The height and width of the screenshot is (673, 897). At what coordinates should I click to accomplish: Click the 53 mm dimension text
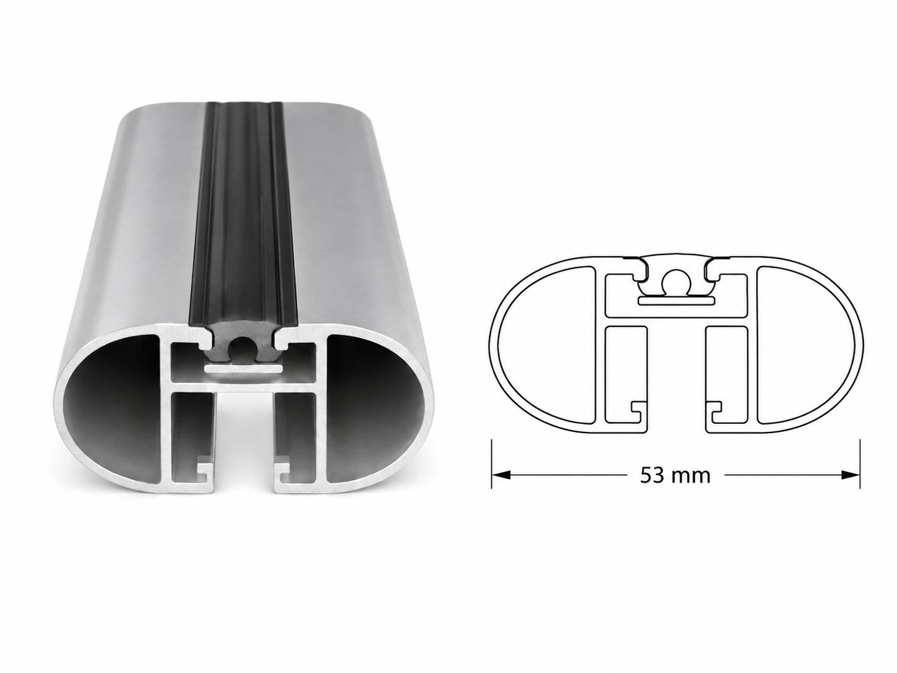coord(675,475)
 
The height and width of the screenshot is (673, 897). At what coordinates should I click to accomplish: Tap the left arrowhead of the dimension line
coord(501,475)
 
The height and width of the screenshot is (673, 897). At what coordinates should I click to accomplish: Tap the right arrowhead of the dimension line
coord(850,475)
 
